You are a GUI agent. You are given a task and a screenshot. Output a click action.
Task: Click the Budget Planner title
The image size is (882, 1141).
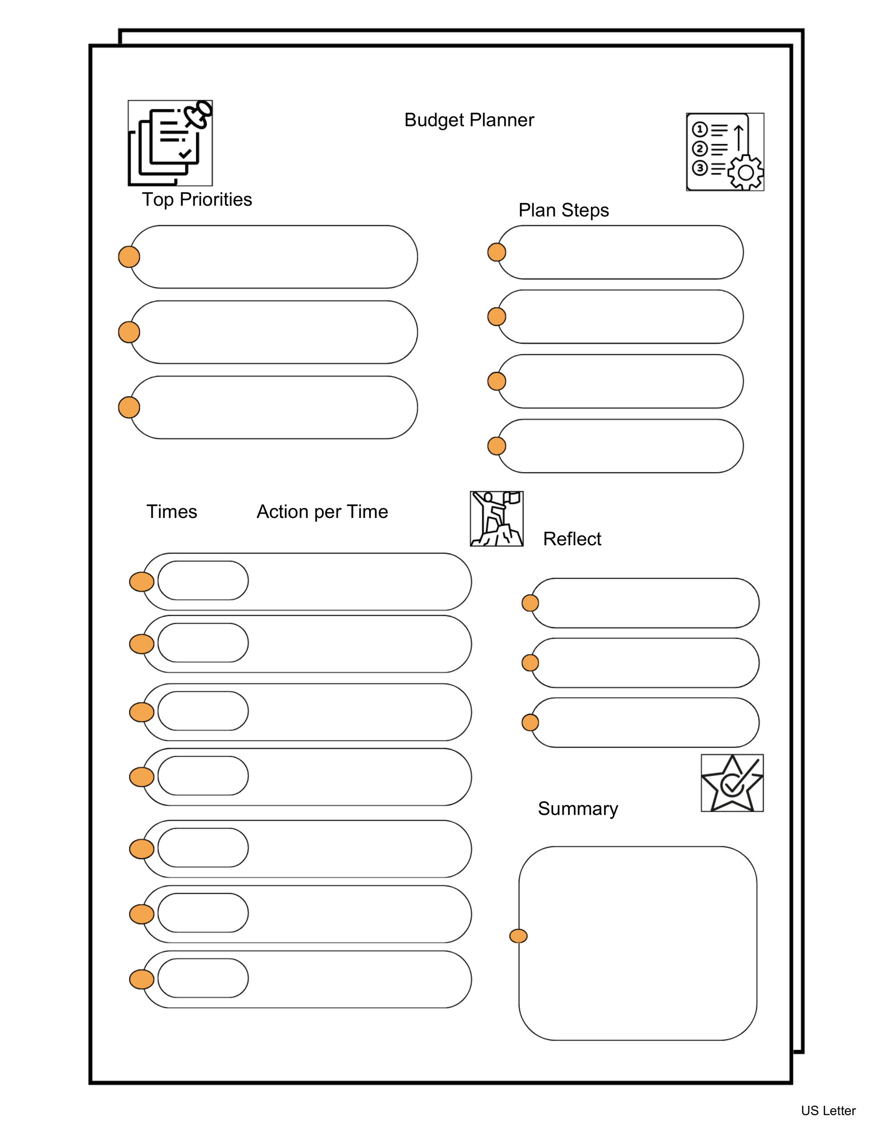point(469,120)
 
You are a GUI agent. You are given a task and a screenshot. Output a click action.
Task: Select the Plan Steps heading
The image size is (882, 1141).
point(563,210)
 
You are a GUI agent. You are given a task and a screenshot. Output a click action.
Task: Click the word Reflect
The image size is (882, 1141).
point(572,539)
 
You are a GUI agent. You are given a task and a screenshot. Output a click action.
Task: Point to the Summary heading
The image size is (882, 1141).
point(577,808)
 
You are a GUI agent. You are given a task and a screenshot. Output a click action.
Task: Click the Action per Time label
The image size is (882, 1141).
point(322,512)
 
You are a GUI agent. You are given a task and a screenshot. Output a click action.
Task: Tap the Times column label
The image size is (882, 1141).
point(171,512)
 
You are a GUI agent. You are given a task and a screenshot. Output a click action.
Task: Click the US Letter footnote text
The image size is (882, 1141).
point(828,1111)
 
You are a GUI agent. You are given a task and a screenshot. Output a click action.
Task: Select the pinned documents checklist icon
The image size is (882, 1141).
point(170,143)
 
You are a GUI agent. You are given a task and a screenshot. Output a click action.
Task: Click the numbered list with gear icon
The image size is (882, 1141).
point(725,151)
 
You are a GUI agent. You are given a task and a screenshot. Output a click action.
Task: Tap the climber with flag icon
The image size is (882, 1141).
point(496,519)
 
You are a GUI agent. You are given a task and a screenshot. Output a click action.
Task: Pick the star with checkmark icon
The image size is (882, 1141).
point(732,783)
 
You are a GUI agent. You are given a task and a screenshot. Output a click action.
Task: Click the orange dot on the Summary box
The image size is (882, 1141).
point(518,936)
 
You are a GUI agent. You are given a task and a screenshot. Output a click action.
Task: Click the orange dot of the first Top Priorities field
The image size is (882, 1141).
point(129,256)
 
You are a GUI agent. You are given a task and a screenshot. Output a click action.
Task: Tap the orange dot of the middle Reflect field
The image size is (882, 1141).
point(530,663)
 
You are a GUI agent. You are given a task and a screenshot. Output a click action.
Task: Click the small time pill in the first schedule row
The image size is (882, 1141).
point(203,580)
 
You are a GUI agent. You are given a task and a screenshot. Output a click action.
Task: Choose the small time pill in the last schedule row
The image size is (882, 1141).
point(203,978)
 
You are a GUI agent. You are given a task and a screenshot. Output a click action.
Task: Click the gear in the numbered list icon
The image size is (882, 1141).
point(746,172)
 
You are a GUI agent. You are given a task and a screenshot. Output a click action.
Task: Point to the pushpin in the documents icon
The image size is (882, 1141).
point(199,114)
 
